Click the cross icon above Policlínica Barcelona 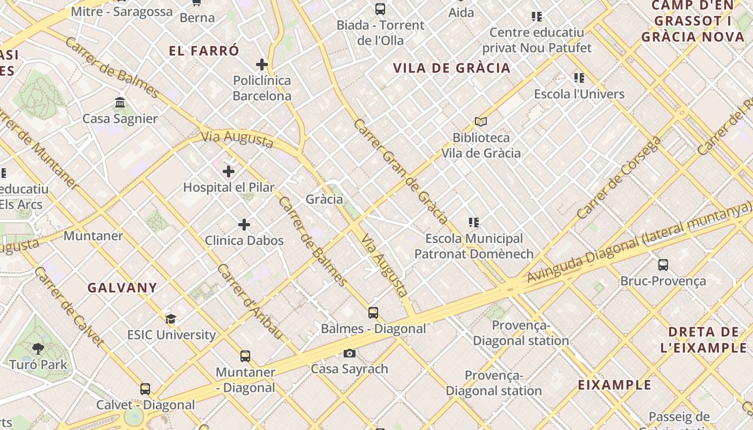pos(262,64)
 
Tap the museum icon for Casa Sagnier pos(120,102)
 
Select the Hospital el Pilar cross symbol pos(229,171)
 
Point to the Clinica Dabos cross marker pos(244,224)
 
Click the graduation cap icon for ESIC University pos(171,319)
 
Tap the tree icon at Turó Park pos(38,349)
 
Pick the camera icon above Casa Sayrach pos(350,353)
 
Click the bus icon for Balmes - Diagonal pos(373,312)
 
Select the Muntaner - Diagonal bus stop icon pos(245,356)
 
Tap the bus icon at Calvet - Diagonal pos(145,389)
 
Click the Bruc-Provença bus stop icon pos(663,264)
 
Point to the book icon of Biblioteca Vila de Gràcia pos(481,121)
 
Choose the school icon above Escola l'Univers pos(579,78)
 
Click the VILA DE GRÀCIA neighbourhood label pos(452,68)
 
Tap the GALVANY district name pos(123,288)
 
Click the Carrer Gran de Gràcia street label pos(401,171)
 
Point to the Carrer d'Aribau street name pos(250,302)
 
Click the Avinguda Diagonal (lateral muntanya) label pos(640,242)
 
